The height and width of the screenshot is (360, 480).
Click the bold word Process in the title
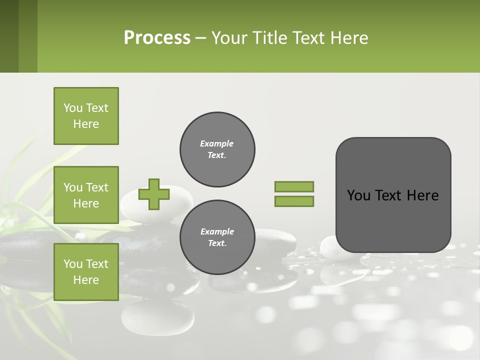pyautogui.click(x=157, y=38)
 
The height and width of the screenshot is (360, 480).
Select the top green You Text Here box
pyautogui.click(x=86, y=116)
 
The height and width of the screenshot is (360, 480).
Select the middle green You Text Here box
pyautogui.click(x=86, y=195)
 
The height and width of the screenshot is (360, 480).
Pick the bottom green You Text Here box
pyautogui.click(x=86, y=272)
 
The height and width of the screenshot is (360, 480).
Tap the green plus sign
pyautogui.click(x=154, y=194)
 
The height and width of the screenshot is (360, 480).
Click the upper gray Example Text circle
pyautogui.click(x=217, y=149)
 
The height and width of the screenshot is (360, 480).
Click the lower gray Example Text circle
pyautogui.click(x=217, y=237)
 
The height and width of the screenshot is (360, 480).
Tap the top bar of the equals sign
pyautogui.click(x=294, y=186)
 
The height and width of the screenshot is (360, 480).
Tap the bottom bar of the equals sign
pyautogui.click(x=294, y=201)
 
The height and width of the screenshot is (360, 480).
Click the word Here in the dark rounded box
pyautogui.click(x=422, y=195)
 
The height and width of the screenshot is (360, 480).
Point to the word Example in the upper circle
pyautogui.click(x=217, y=143)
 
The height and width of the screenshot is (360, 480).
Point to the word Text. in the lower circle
pyautogui.click(x=217, y=243)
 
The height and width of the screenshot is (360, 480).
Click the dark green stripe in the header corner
pyautogui.click(x=9, y=36)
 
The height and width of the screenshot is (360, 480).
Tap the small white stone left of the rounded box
pyautogui.click(x=328, y=247)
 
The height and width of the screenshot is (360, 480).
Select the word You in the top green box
pyautogui.click(x=73, y=108)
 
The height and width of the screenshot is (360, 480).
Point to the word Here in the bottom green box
pyautogui.click(x=86, y=280)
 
